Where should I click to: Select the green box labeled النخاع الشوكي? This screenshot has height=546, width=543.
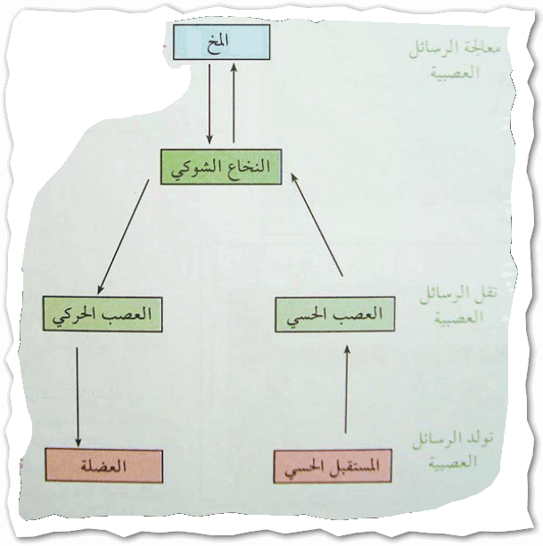tap(218, 167)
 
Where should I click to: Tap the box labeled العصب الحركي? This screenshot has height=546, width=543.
tap(103, 315)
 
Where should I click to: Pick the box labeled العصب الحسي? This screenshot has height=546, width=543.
tap(333, 315)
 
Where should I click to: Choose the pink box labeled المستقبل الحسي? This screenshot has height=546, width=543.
tap(333, 466)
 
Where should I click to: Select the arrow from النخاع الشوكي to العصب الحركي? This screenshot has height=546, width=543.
tap(124, 237)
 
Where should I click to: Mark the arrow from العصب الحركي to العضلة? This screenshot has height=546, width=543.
tap(78, 392)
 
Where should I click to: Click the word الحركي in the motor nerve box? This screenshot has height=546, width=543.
tap(78, 316)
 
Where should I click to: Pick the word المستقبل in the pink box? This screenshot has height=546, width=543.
tap(354, 466)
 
